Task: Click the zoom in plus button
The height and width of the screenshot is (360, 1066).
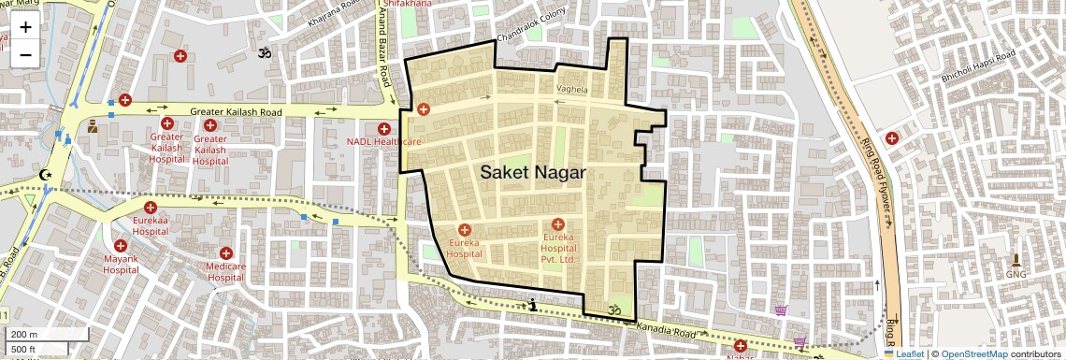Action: pyautogui.click(x=25, y=27)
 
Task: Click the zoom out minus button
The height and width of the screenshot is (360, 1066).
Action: pyautogui.click(x=25, y=54)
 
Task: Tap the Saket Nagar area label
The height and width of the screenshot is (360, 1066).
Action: pyautogui.click(x=533, y=173)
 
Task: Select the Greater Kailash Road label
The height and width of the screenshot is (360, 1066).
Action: pyautogui.click(x=236, y=112)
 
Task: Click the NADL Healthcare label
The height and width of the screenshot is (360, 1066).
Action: pyautogui.click(x=384, y=142)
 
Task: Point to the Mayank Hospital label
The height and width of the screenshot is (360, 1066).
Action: pyautogui.click(x=121, y=265)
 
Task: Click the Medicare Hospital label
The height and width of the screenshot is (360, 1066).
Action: pyautogui.click(x=225, y=271)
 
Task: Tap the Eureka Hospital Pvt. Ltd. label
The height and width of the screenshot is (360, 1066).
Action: pyautogui.click(x=558, y=248)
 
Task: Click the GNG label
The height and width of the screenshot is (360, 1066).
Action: pyautogui.click(x=1016, y=274)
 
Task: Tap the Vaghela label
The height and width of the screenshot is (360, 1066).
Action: pyautogui.click(x=571, y=90)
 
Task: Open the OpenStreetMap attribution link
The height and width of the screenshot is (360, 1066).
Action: pyautogui.click(x=973, y=353)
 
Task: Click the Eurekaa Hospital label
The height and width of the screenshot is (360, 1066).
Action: pyautogui.click(x=150, y=224)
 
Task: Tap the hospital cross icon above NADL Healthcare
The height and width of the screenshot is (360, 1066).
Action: pyautogui.click(x=384, y=128)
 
